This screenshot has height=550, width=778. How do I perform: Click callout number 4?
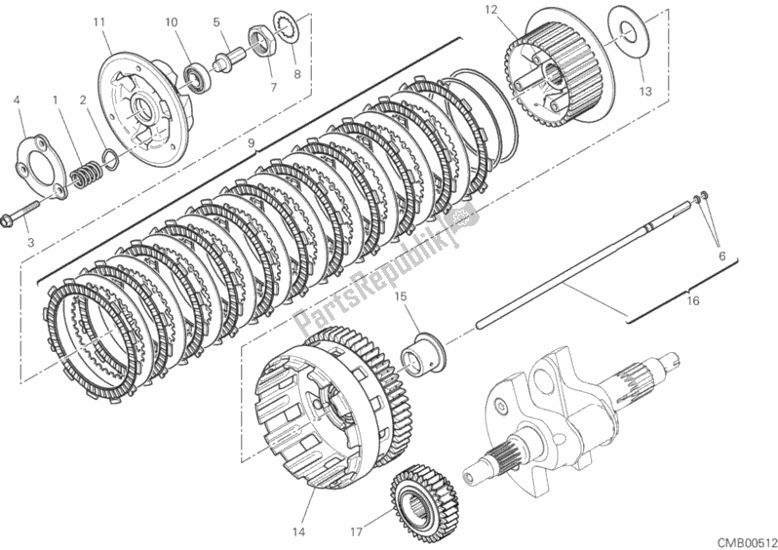(x=18, y=99)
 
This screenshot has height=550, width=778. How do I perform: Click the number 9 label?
(x=251, y=143)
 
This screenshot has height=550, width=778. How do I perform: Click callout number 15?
(x=400, y=296)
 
